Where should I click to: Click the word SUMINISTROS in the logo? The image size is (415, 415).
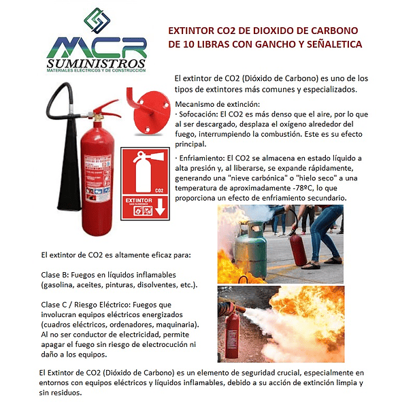[x=97, y=63]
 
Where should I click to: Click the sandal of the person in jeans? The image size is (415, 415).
[x=333, y=260]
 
